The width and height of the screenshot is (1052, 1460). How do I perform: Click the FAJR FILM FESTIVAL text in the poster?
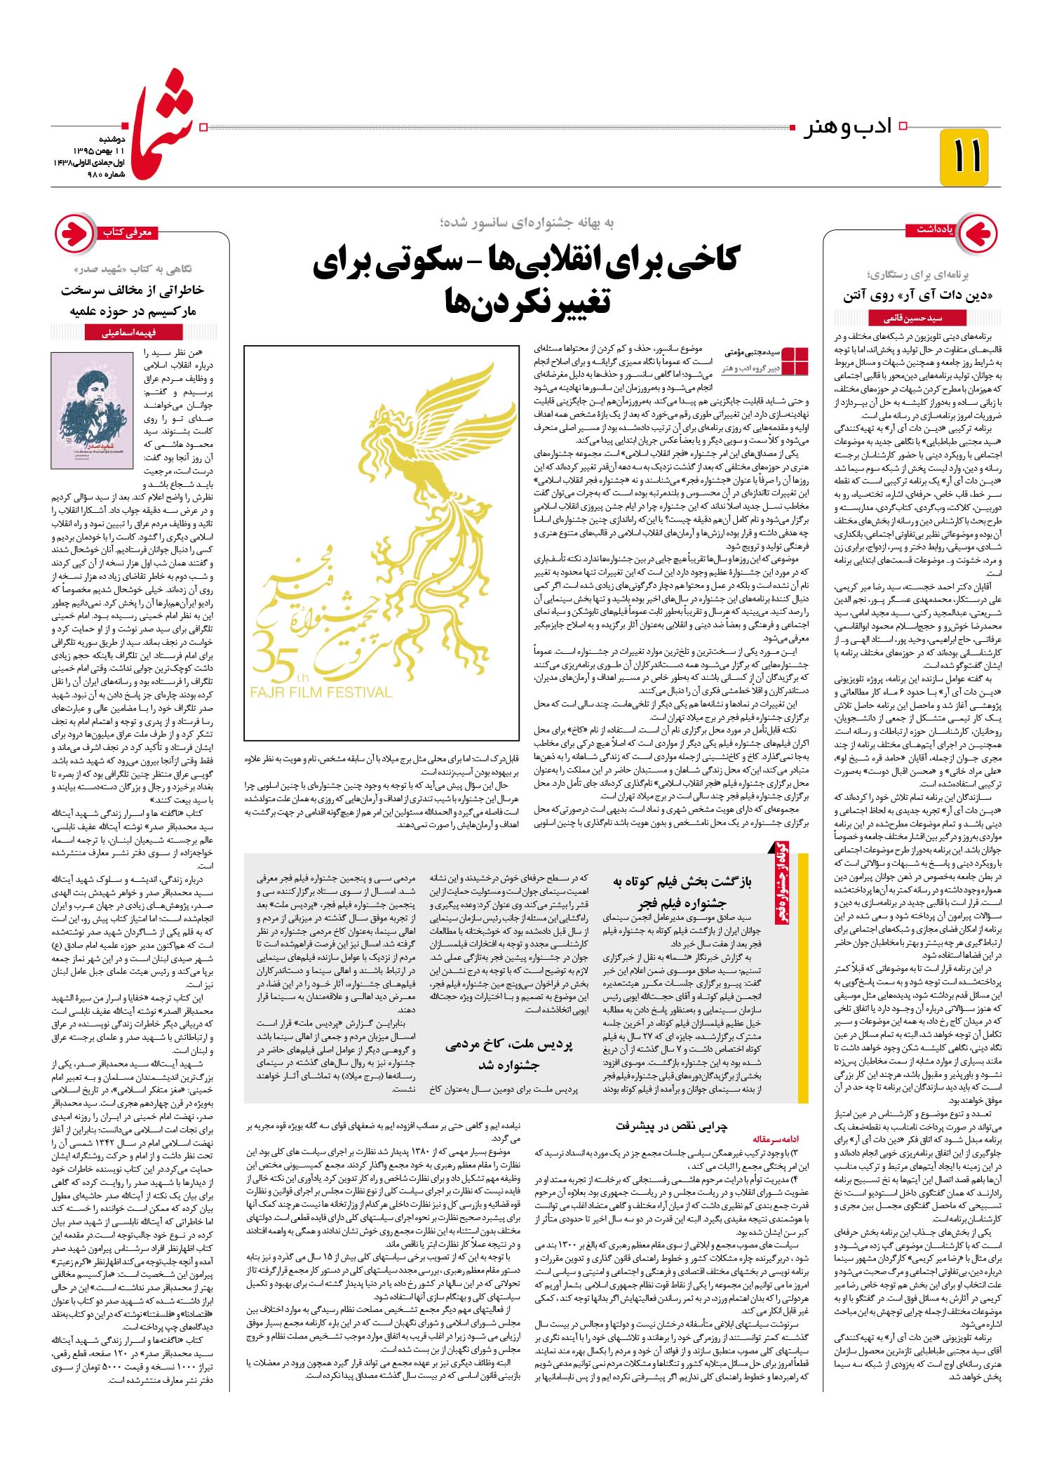(x=321, y=692)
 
